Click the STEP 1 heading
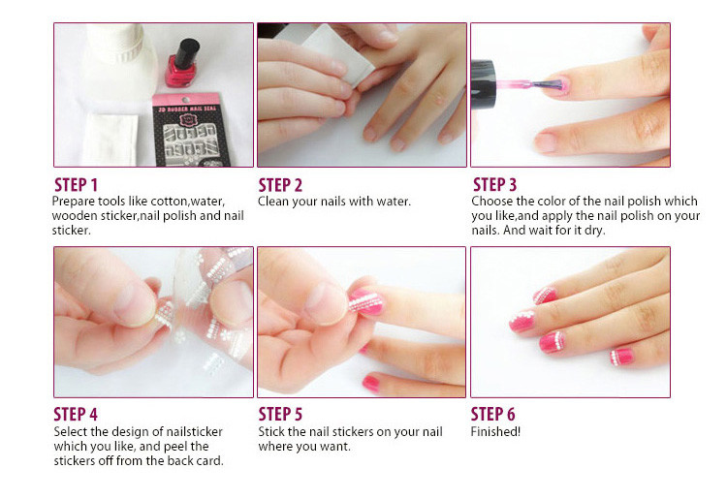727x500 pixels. (x=76, y=185)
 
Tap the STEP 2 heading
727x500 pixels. (x=280, y=185)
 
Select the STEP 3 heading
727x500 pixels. (x=494, y=184)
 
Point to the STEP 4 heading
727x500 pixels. (x=76, y=414)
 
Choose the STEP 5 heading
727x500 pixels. (x=280, y=414)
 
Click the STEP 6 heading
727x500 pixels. (x=492, y=414)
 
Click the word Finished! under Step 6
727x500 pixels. (x=495, y=432)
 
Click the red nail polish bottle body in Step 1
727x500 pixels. (x=180, y=72)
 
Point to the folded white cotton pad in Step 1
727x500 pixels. (x=110, y=139)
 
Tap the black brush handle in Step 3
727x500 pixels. (x=483, y=85)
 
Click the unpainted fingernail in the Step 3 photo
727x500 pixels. (x=545, y=141)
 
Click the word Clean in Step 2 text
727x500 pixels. (x=273, y=202)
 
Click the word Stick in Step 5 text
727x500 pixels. (x=270, y=432)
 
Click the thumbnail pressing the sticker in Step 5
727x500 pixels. (x=326, y=303)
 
